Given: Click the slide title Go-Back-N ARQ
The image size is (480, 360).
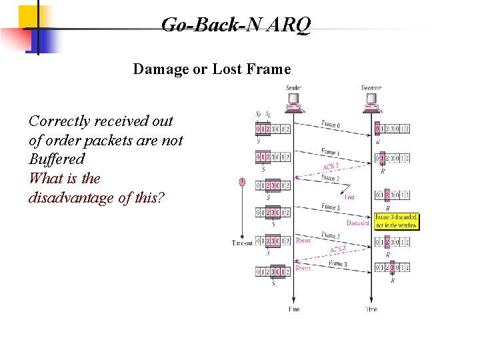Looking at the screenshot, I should [x=235, y=25].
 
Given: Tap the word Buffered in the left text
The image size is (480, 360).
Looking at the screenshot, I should [x=57, y=159].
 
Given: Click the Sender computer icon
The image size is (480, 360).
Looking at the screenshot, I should [x=293, y=101].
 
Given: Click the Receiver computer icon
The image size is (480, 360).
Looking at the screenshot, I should [x=371, y=101].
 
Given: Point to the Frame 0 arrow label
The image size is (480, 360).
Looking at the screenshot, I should [x=331, y=123].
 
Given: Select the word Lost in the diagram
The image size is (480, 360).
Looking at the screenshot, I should [x=349, y=197].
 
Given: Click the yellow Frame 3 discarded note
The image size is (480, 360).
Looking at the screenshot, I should [x=396, y=221].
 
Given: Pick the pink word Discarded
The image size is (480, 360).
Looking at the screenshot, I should [x=357, y=223].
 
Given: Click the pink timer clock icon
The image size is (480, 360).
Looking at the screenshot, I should [x=242, y=181].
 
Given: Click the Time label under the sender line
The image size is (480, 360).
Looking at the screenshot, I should [x=293, y=309].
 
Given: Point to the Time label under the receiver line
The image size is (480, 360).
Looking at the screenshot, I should [x=371, y=309].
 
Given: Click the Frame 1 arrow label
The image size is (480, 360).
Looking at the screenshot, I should [x=331, y=151].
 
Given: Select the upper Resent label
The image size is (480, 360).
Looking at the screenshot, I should [x=303, y=241].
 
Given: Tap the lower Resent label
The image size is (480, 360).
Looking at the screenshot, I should [x=303, y=268].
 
